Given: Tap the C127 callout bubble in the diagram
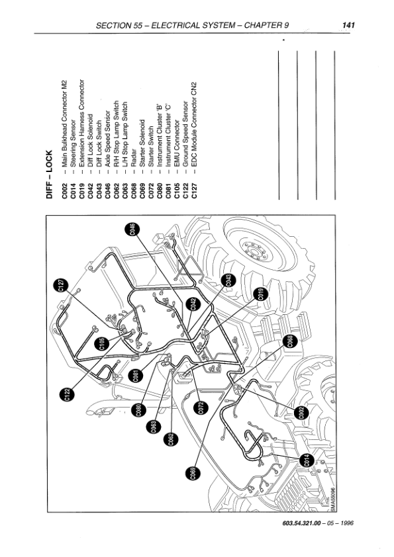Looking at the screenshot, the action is (61, 286).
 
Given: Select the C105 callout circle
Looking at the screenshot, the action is (103, 344).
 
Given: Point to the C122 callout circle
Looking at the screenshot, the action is (68, 394).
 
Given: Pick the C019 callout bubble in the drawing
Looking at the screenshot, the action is (261, 294).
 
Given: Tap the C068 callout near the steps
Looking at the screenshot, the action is (290, 342).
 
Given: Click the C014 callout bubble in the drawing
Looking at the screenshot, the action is (307, 460).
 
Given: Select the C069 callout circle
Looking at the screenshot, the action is (193, 474).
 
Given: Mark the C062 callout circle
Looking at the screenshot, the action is (171, 439).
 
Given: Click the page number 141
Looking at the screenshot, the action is (348, 25).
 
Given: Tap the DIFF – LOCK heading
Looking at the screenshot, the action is (49, 174).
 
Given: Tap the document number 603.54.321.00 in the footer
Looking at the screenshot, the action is (301, 523).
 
